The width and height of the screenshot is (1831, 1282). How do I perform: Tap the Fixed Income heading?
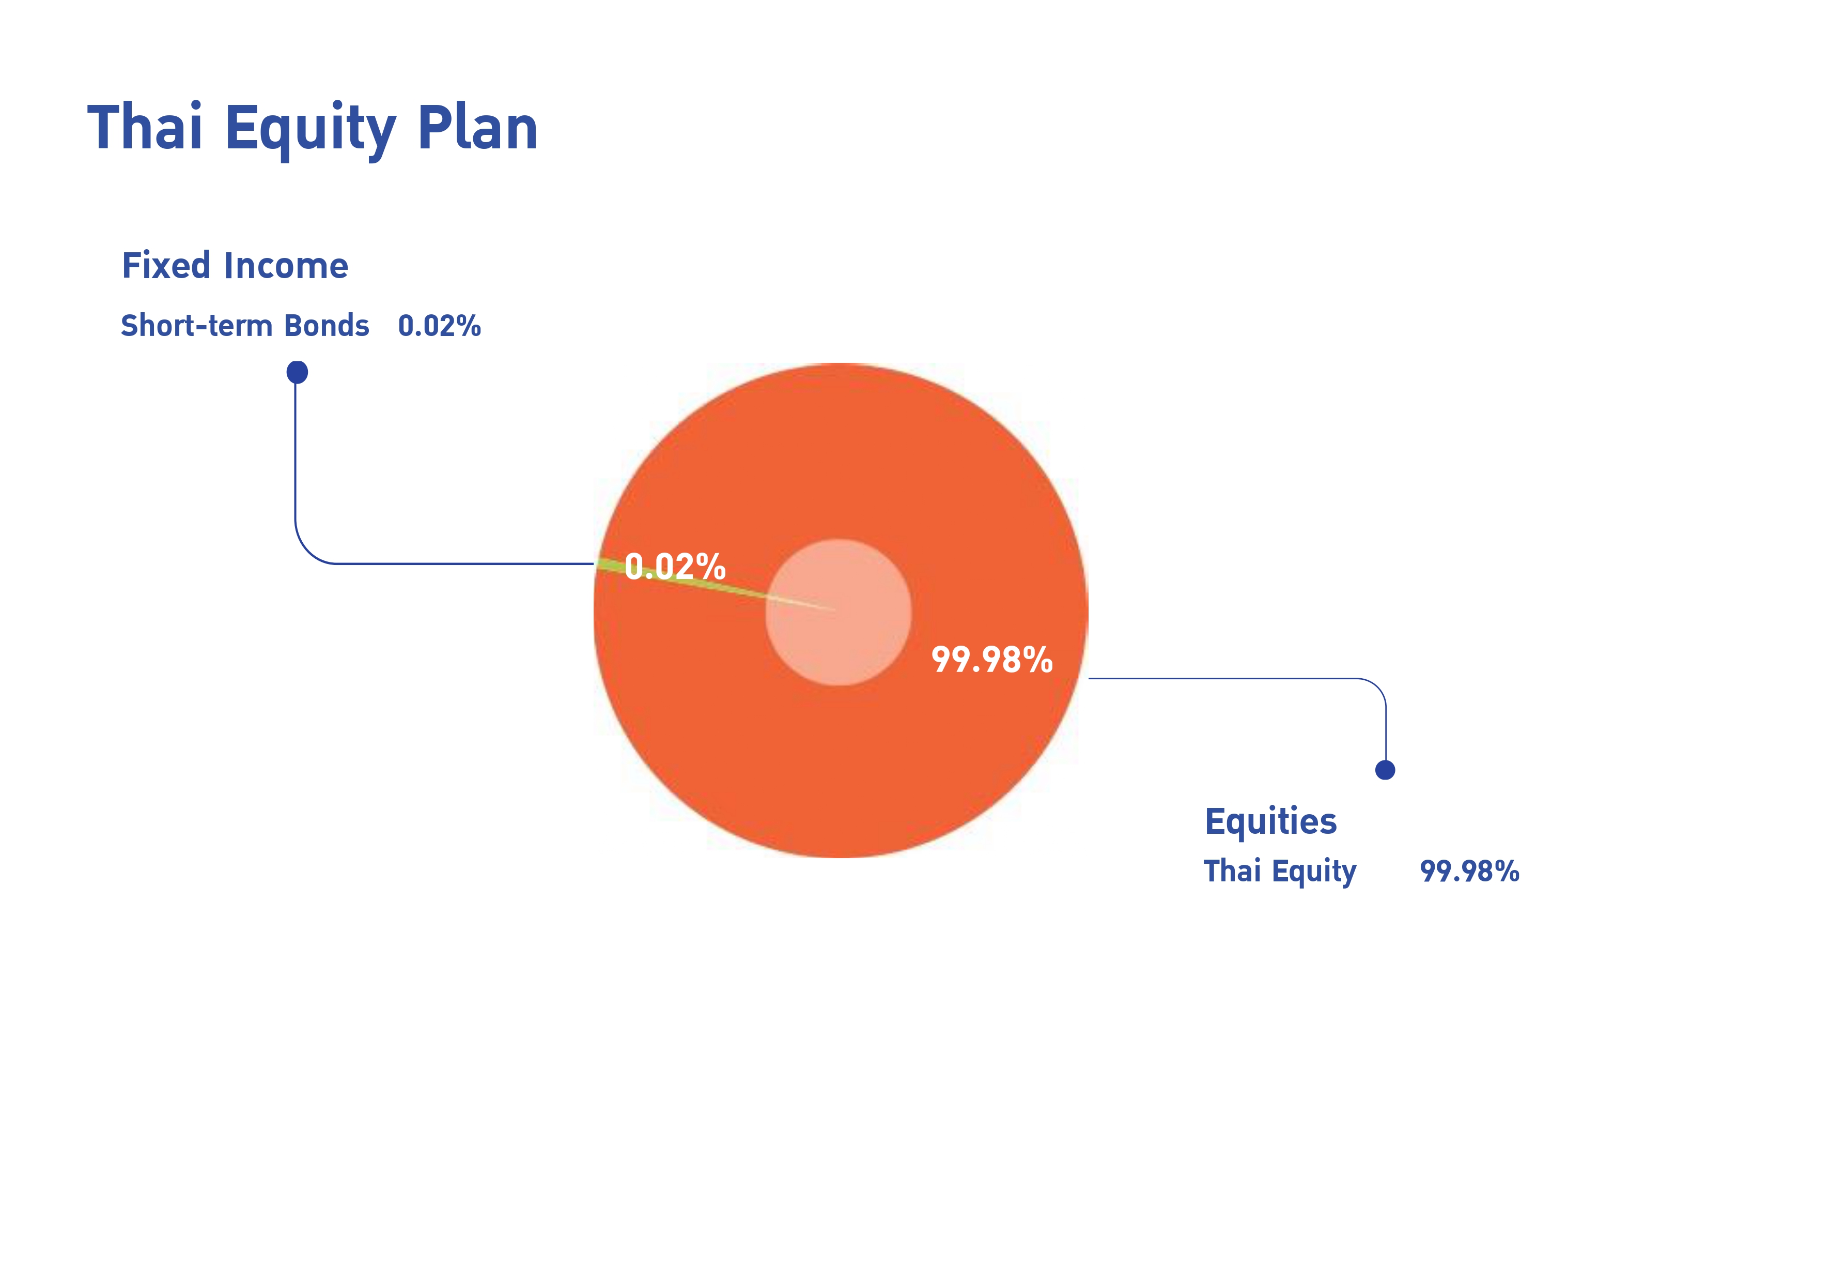coord(235,266)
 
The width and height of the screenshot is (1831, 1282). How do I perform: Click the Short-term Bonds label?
coord(245,326)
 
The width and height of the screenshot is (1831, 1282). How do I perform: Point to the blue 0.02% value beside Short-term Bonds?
coord(439,326)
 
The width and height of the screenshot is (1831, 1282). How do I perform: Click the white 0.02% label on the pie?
coord(675,567)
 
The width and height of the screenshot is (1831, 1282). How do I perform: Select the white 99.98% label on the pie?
coord(992,660)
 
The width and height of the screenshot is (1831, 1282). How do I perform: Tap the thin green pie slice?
coord(686,578)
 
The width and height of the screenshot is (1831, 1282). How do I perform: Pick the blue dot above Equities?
coord(1385,770)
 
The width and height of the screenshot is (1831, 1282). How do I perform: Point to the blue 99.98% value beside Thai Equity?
coord(1470,871)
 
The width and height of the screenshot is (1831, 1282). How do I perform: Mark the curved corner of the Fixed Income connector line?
coord(307,552)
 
